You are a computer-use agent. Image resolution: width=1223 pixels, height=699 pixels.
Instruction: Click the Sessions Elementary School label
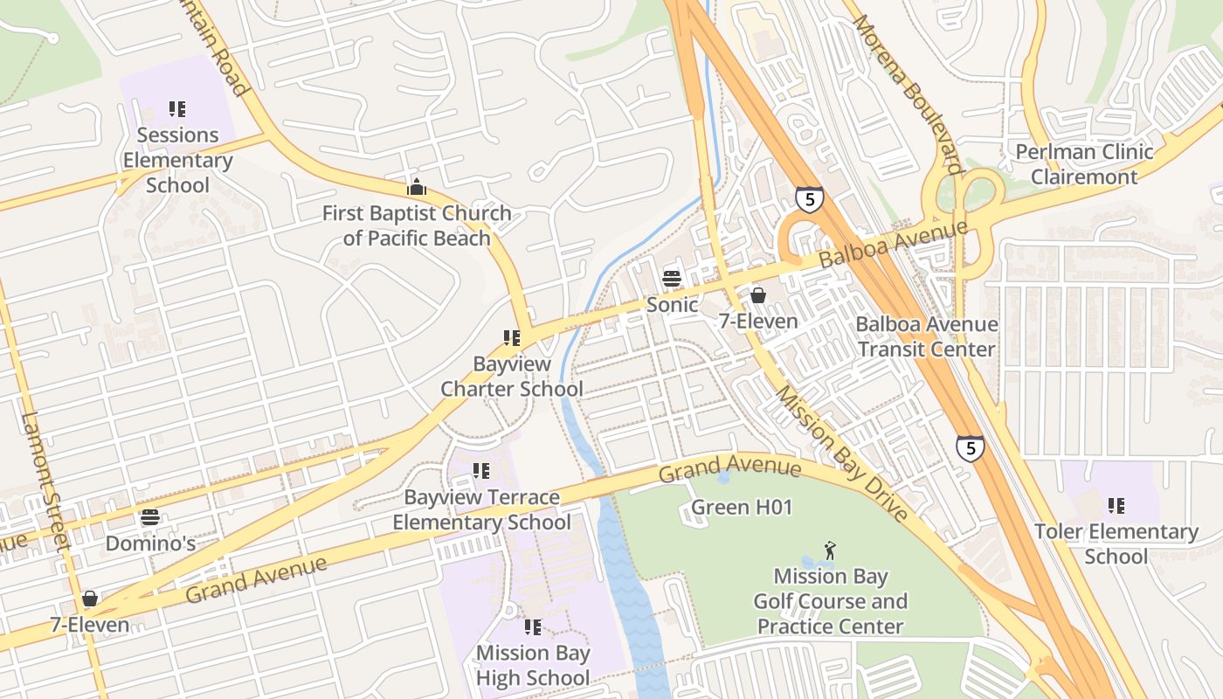pos(177,160)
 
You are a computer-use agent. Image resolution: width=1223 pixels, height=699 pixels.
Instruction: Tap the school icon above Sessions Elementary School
pos(177,109)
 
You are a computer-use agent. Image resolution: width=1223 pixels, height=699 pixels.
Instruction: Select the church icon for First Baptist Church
pos(417,187)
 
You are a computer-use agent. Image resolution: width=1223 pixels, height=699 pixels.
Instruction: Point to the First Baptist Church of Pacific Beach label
pos(417,225)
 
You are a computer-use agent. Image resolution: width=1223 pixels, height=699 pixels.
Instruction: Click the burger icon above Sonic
pos(672,279)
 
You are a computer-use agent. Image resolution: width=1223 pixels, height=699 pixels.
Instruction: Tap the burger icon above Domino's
pos(150,517)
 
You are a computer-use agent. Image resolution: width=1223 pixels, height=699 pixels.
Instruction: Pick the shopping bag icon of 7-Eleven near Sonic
pos(758,295)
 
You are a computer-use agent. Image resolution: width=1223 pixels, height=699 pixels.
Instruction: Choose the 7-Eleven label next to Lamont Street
pos(89,625)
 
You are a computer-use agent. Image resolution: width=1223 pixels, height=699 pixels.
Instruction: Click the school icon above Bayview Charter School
pos(512,337)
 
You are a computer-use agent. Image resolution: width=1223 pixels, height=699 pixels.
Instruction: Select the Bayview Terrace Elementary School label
pos(481,509)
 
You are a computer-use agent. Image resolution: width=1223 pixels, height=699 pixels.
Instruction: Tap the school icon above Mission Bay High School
pos(533,626)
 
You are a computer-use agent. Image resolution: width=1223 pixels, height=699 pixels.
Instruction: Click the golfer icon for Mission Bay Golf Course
pos(830,550)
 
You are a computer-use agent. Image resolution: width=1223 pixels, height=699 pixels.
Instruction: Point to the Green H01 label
pos(742,507)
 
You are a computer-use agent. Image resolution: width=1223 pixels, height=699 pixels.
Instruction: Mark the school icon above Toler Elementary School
pos(1116,505)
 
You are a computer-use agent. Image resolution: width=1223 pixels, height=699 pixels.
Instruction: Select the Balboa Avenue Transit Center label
pos(926,336)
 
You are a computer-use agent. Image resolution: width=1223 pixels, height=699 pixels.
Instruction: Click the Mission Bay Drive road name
pos(842,454)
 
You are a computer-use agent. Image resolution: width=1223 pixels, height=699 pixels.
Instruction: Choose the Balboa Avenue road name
pos(894,245)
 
